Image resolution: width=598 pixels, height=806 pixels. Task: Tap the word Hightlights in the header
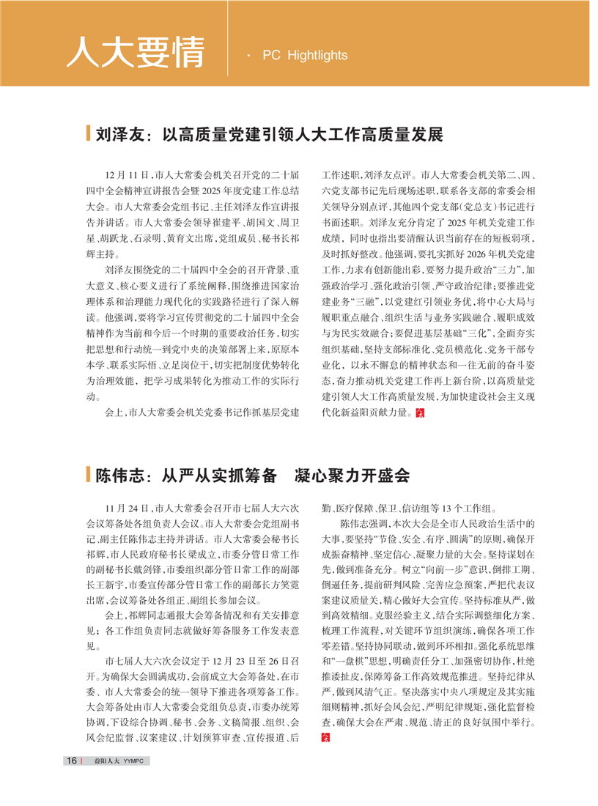tap(319, 55)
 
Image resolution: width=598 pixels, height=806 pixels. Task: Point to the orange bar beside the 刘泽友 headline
tap(89, 134)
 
